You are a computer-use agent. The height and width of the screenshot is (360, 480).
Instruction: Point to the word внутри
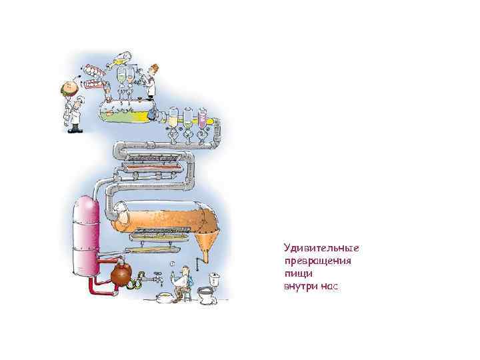pyautogui.click(x=299, y=285)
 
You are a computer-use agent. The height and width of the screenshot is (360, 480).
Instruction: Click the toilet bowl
pyautogui.click(x=207, y=293)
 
